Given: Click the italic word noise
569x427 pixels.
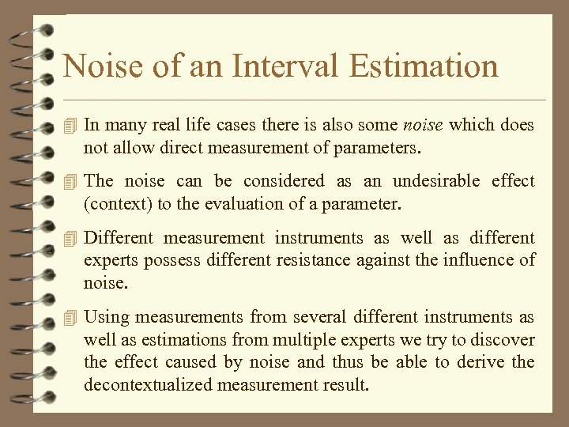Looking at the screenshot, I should (x=423, y=125).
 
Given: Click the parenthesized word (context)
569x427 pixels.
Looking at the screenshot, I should (x=118, y=203).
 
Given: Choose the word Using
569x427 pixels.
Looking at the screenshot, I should (x=106, y=317).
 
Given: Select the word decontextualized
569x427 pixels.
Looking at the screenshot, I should (x=149, y=385).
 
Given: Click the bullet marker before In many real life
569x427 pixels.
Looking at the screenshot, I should (x=70, y=125).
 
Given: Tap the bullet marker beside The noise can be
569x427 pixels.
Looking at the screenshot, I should (x=70, y=181).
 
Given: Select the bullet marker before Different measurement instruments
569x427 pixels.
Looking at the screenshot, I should (x=70, y=237).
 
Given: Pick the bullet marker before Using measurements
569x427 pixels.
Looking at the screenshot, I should (x=70, y=317).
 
